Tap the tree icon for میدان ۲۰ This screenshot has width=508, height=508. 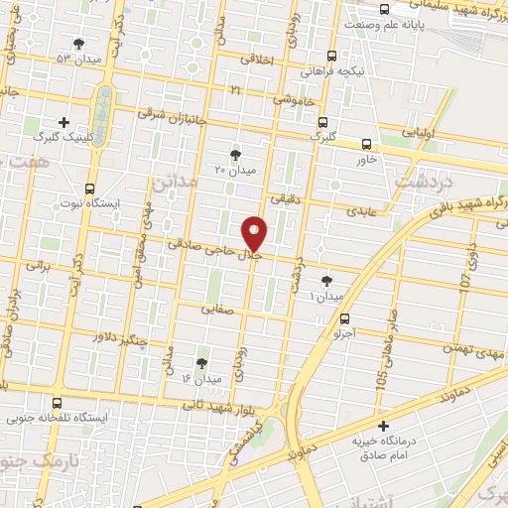coord(235,154)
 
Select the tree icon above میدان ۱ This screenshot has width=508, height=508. coord(327,282)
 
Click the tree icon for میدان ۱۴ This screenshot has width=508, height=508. coord(201,363)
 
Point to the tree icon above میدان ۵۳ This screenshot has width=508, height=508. coord(78,43)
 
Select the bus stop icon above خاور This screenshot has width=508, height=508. coord(367,145)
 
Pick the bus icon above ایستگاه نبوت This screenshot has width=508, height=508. coord(90,189)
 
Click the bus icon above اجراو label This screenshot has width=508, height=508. coord(344,319)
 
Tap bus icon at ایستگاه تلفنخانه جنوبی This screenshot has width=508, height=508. coord(56,403)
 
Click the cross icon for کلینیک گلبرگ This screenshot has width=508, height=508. coord(64,123)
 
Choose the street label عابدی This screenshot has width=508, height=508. coord(358,211)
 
